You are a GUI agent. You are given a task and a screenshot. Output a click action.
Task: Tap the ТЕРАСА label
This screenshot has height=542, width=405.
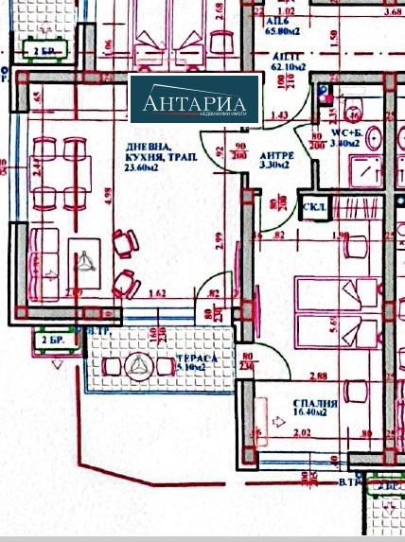(x=193, y=361)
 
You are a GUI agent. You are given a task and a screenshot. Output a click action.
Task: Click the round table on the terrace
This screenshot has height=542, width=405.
(x=140, y=367)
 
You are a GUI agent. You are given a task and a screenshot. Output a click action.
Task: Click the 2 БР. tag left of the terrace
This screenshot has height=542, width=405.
(x=55, y=341)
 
